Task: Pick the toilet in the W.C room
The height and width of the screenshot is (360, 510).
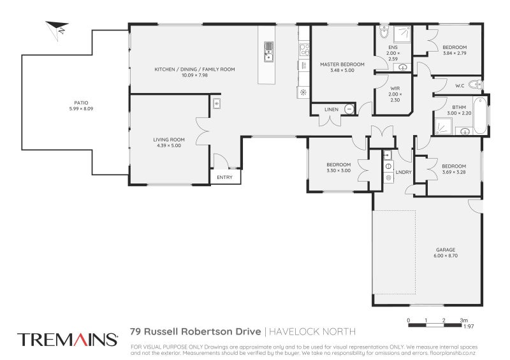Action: tap(474, 85)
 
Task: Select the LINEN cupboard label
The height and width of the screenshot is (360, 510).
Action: tap(331, 110)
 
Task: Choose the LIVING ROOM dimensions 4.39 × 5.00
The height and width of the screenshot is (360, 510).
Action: tap(168, 145)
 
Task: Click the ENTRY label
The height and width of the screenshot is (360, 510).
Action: tap(224, 177)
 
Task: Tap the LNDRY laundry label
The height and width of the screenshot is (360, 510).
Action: tap(403, 172)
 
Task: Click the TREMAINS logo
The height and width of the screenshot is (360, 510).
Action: tap(67, 339)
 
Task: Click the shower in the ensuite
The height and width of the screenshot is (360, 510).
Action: tap(403, 33)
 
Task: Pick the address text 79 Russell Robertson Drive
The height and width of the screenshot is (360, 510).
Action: tap(194, 331)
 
